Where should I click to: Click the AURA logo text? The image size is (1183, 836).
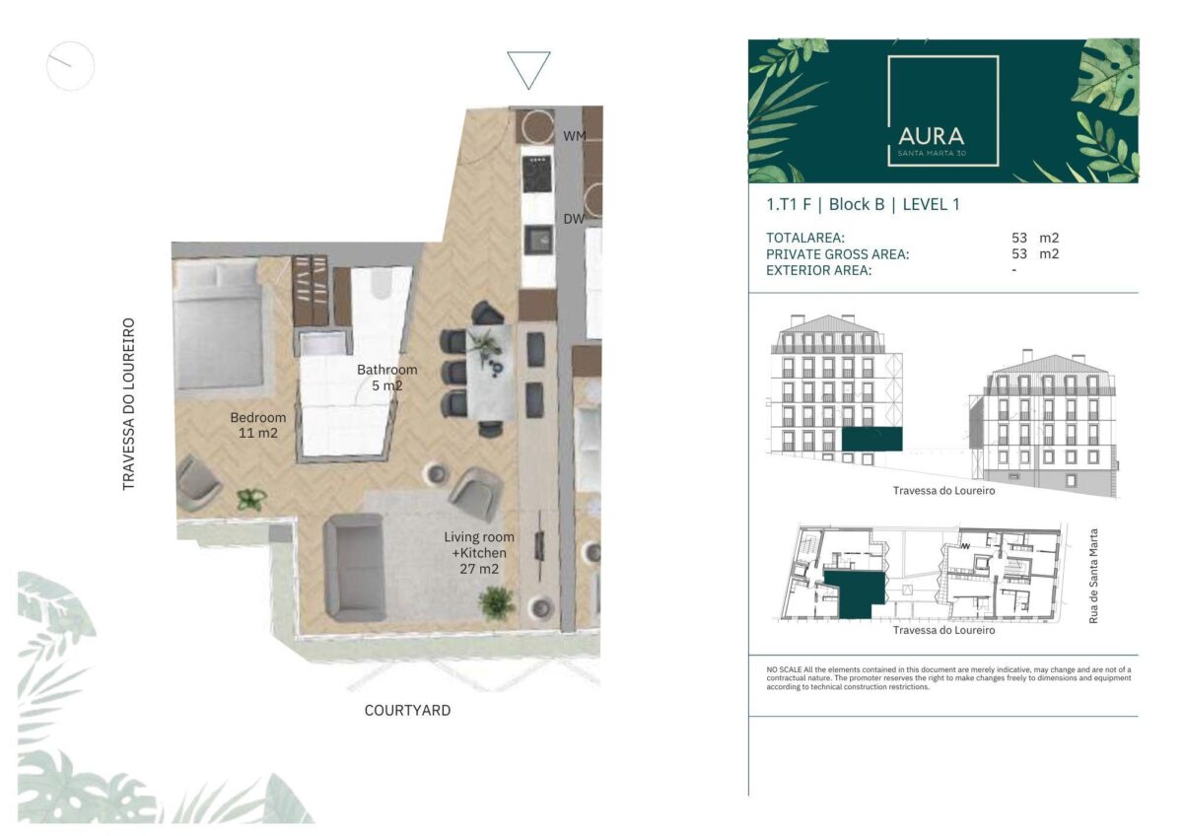(931, 136)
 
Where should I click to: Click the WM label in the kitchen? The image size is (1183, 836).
(575, 136)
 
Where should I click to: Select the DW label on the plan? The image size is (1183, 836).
(574, 219)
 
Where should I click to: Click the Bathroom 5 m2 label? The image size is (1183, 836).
(387, 378)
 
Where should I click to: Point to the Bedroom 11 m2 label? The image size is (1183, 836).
(258, 425)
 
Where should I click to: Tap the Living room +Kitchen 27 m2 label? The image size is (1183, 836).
(479, 553)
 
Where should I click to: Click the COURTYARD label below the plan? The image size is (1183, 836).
(408, 711)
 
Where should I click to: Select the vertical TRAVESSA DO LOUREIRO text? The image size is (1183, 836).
(129, 404)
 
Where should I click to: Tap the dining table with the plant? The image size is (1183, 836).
(490, 372)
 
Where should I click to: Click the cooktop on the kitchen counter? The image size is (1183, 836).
(537, 174)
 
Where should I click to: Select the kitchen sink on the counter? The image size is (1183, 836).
(538, 240)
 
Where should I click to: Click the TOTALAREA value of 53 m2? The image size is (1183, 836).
(1035, 239)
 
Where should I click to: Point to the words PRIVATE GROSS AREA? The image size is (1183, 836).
(838, 254)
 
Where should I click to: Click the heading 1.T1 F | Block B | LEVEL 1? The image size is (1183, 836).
(863, 204)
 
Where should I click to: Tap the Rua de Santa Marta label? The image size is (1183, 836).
(1093, 576)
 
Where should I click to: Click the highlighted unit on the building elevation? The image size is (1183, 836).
(871, 440)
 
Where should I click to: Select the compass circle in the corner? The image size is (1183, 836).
(71, 66)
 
